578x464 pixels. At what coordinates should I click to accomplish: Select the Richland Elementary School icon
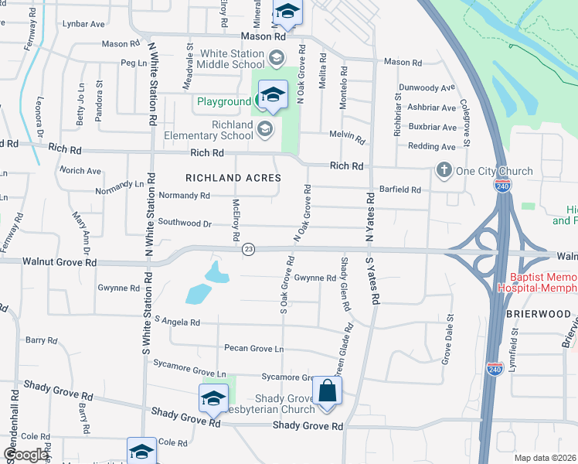(265, 128)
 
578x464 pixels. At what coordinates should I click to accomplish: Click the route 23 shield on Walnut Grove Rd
(248, 249)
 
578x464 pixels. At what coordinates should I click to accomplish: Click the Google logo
(25, 454)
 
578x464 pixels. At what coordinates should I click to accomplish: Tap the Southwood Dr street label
(185, 223)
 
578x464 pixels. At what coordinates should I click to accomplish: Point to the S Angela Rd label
(177, 321)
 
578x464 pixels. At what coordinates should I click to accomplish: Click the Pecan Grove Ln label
(253, 350)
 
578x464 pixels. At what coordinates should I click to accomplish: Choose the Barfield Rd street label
(400, 189)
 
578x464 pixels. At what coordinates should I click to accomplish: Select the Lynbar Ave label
(84, 24)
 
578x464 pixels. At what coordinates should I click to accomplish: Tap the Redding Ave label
(432, 146)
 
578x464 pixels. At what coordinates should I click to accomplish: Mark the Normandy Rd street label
(184, 196)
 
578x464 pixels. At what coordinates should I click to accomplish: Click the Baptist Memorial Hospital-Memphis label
(542, 282)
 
